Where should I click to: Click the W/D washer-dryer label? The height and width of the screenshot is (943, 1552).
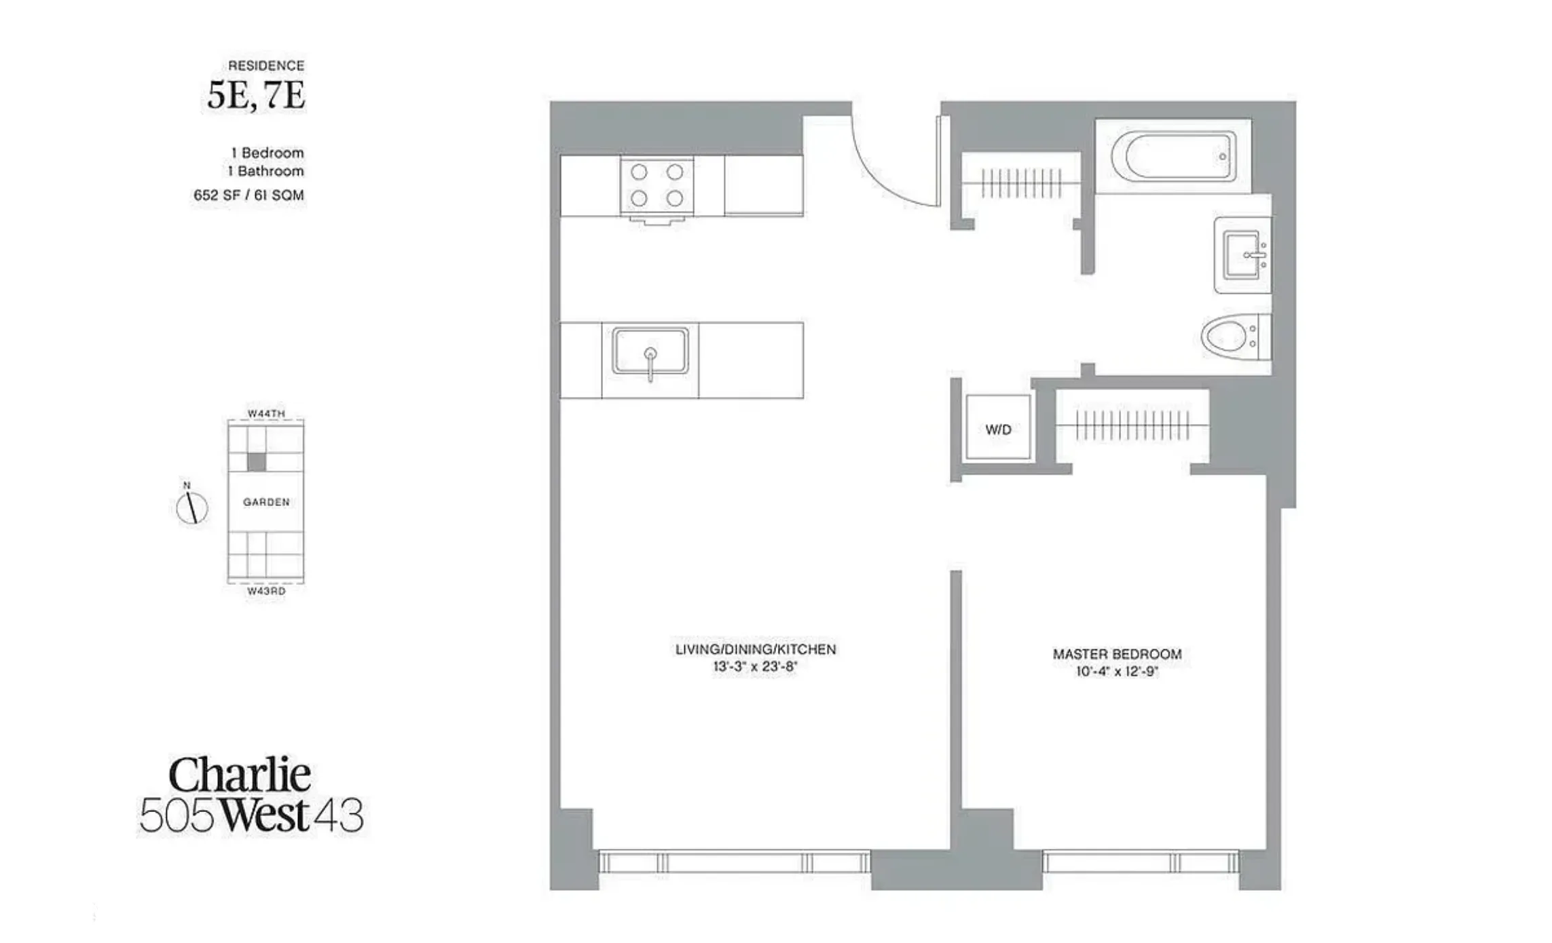click(998, 429)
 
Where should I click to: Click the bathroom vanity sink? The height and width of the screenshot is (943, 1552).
click(1242, 255)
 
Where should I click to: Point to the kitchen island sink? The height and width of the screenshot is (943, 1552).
click(650, 351)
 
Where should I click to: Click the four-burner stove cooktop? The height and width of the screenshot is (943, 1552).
click(657, 185)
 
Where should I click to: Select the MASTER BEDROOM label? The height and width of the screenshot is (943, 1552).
click(1117, 654)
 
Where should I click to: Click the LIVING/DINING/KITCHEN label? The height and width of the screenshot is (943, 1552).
click(755, 649)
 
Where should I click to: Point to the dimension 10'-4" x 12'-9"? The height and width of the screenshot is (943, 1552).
click(1117, 672)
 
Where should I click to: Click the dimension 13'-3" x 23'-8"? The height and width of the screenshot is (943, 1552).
click(755, 667)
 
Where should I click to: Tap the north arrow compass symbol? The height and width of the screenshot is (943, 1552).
click(191, 507)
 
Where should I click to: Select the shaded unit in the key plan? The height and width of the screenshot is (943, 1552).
click(256, 462)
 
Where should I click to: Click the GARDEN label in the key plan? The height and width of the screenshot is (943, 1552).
click(266, 502)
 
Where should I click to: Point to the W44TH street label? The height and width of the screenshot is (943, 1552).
click(266, 413)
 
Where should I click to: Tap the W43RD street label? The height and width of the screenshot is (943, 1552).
click(266, 591)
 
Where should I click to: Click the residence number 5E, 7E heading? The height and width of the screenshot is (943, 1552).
click(256, 96)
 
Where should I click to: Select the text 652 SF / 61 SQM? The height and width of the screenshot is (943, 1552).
click(248, 195)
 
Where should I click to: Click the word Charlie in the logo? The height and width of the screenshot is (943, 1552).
click(240, 775)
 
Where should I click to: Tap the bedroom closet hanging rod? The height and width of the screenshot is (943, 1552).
click(1132, 425)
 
